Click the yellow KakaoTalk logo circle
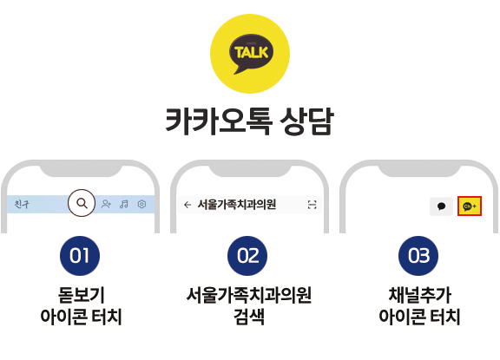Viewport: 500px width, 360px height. (x=250, y=54)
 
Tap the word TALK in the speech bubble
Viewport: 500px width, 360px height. (x=251, y=52)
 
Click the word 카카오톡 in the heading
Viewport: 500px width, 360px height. (x=219, y=121)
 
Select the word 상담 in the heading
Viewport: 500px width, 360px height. (x=306, y=121)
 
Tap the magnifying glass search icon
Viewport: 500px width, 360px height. (x=82, y=203)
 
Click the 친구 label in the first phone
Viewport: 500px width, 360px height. (x=22, y=204)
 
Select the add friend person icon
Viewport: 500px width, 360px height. (x=106, y=204)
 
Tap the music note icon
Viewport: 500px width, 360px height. (x=124, y=204)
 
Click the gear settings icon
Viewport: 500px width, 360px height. (x=141, y=204)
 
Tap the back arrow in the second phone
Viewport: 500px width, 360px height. (x=187, y=205)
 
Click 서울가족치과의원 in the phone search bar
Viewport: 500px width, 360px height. (x=237, y=204)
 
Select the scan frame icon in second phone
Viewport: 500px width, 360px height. (x=312, y=205)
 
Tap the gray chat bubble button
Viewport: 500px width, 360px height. (x=441, y=206)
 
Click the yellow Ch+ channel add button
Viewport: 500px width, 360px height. (x=470, y=206)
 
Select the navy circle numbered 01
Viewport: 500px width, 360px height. (x=80, y=256)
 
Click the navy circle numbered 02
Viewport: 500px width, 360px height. (x=247, y=256)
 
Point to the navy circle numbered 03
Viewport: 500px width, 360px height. (x=418, y=256)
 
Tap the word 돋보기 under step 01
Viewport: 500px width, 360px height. (x=82, y=295)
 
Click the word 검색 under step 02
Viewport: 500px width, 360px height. (x=249, y=317)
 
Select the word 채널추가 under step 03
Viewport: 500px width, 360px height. (x=419, y=295)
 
